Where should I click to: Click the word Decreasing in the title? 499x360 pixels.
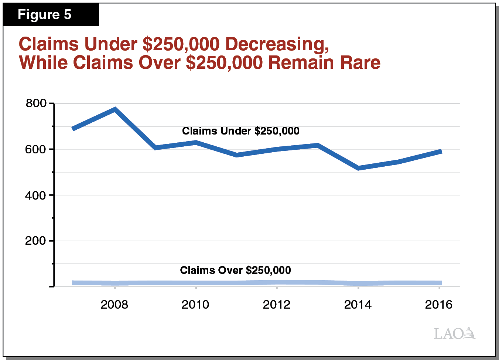[277, 44]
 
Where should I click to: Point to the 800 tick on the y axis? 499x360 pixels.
[36, 103]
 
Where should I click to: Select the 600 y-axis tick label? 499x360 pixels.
[36, 149]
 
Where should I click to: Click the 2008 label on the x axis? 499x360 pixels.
[115, 305]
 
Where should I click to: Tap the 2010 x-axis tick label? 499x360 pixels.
[195, 305]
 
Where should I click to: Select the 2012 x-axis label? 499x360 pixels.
[277, 305]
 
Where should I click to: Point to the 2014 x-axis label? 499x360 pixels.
[358, 305]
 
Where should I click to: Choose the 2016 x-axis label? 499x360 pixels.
[439, 305]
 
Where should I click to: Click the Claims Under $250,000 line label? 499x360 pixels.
[241, 131]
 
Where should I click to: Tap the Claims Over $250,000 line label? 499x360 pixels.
[235, 270]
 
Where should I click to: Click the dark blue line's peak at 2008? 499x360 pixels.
[115, 109]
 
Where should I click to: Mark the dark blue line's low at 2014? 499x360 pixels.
[358, 168]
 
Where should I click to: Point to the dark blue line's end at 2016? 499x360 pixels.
[440, 152]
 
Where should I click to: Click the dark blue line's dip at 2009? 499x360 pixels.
[155, 147]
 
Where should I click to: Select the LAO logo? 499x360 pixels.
[454, 333]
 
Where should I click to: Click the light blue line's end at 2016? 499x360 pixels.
[440, 283]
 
